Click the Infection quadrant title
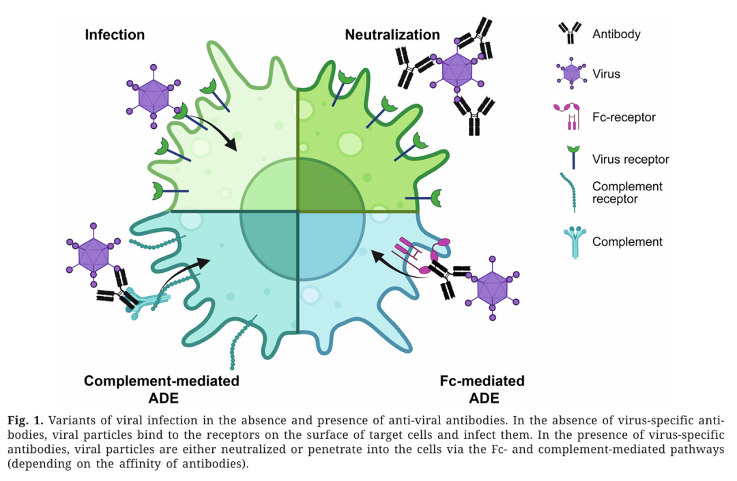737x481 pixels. tap(115, 35)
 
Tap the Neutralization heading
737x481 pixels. tap(392, 35)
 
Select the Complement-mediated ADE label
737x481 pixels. tap(162, 389)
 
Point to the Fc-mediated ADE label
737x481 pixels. tap(483, 389)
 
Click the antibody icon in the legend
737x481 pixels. tap(570, 32)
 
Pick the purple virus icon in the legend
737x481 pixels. tap(570, 72)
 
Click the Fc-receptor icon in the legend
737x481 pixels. tap(570, 117)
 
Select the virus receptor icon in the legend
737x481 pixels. tap(570, 157)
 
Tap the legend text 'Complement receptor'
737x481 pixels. tap(627, 192)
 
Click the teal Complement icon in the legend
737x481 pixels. tap(570, 242)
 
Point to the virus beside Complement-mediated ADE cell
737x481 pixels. tap(93, 256)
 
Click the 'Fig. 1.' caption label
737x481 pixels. tap(25, 420)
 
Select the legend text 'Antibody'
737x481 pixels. tap(616, 33)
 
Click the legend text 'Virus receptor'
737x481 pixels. tap(631, 159)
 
